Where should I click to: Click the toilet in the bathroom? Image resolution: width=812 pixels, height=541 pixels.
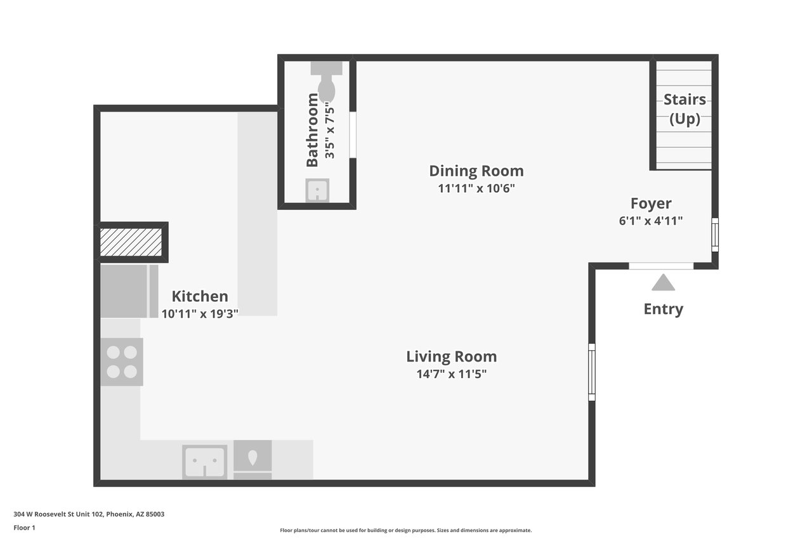(326, 81)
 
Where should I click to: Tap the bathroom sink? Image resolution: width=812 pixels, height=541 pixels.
(317, 190)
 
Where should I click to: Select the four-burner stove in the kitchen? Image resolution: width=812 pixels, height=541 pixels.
(122, 362)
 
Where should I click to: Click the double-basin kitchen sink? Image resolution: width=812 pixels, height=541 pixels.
(205, 462)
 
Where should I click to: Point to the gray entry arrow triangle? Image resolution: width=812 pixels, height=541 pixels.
(663, 282)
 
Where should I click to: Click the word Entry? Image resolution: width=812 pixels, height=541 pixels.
(664, 309)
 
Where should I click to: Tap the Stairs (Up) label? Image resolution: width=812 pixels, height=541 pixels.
(684, 109)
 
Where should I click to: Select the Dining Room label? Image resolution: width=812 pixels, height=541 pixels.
(476, 171)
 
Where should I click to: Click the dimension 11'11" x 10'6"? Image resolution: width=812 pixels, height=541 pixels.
(476, 188)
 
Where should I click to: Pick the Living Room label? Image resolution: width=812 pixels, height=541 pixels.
(451, 356)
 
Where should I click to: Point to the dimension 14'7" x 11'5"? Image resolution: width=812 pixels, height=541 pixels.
(451, 374)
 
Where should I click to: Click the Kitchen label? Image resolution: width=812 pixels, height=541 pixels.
(200, 296)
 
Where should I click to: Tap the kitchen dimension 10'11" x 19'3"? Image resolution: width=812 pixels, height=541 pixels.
(200, 314)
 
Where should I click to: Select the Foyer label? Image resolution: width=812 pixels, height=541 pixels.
(651, 204)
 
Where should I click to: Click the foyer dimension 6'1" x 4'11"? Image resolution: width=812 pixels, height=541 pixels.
(651, 221)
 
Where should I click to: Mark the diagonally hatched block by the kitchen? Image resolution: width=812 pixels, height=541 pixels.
(131, 242)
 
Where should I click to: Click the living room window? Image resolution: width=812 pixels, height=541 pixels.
(592, 372)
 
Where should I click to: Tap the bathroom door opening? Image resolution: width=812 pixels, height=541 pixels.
(353, 135)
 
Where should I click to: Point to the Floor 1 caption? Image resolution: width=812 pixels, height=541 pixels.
(24, 528)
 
